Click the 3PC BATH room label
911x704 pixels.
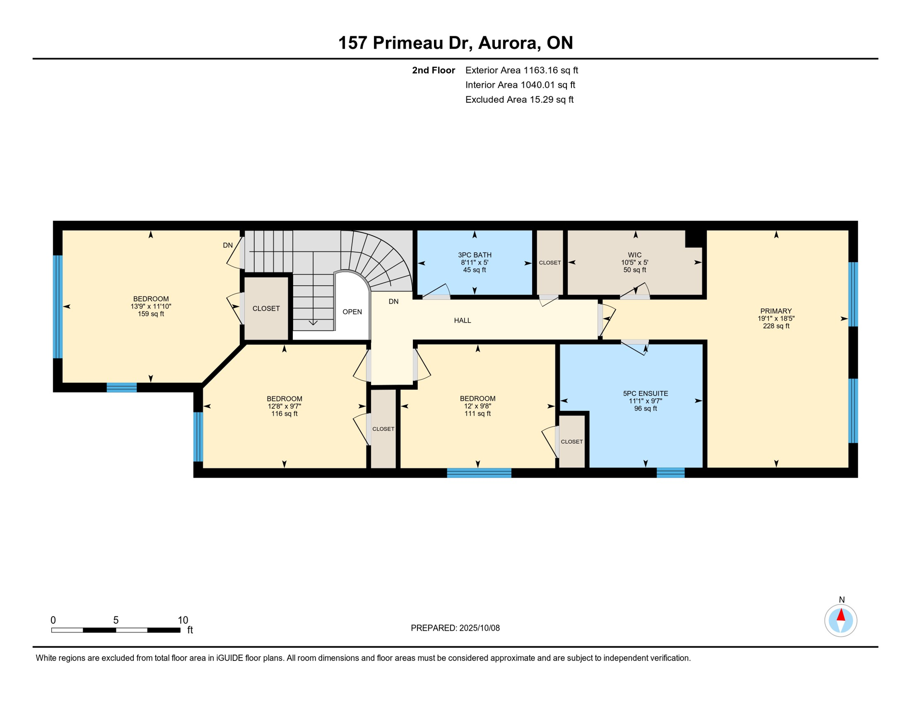[474, 255]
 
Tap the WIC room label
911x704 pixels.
[635, 255]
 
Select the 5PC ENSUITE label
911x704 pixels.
[645, 393]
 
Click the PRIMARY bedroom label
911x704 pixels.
[776, 311]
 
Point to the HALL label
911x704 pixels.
[462, 320]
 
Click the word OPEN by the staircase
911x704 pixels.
[352, 312]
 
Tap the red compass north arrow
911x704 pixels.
[841, 615]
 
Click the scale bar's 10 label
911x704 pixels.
[183, 620]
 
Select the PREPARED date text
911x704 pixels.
[455, 628]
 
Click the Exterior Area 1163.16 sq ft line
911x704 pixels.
[521, 70]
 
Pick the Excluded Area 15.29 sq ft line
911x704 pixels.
[519, 99]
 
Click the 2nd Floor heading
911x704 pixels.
[433, 70]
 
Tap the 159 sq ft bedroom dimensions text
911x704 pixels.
[151, 306]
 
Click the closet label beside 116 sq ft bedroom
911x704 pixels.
[383, 429]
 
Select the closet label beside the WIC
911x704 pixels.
[549, 263]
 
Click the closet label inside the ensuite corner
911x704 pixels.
[571, 441]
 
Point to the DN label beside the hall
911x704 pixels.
[393, 302]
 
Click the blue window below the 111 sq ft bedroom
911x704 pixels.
[479, 473]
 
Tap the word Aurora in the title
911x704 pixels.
[507, 43]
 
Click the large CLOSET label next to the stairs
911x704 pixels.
[266, 308]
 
